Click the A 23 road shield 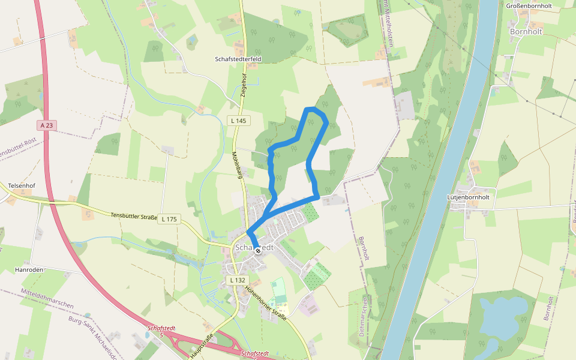point(46,125)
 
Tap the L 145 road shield point(238,121)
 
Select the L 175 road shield point(169,220)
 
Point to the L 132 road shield point(238,280)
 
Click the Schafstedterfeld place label point(238,59)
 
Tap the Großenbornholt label point(528,6)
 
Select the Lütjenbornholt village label point(469,197)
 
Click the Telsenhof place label point(22,186)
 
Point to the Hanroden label point(28,270)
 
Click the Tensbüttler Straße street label point(134,216)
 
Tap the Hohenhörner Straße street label point(265,303)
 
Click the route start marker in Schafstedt point(258,251)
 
